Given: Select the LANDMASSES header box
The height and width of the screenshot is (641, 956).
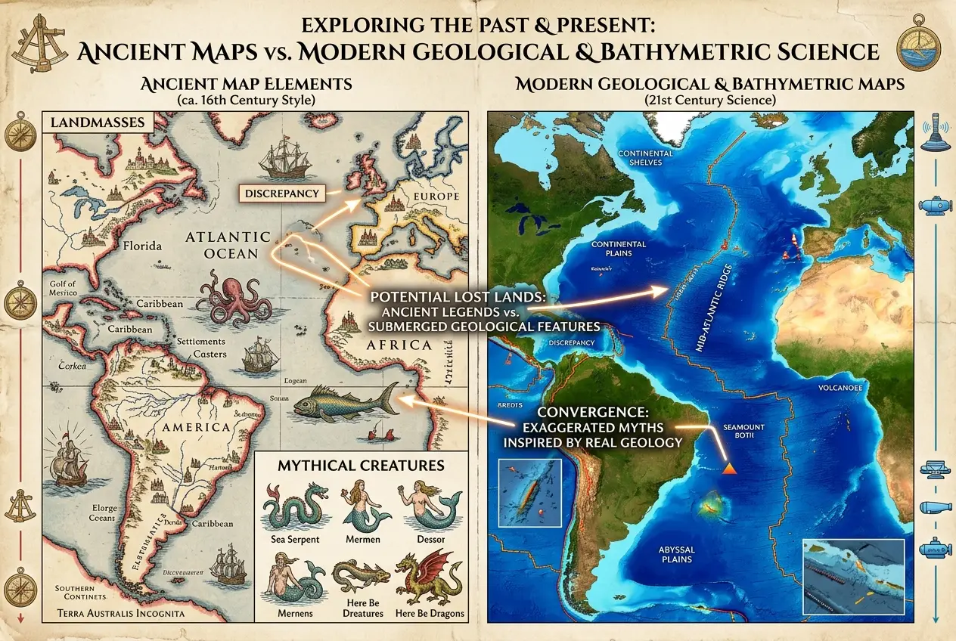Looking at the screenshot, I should coord(98,122).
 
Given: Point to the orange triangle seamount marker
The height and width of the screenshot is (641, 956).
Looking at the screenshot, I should coord(730,469).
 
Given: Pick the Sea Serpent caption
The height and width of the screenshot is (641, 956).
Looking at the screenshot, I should coord(295,540).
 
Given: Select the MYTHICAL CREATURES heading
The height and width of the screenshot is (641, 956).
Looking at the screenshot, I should coord(360,463).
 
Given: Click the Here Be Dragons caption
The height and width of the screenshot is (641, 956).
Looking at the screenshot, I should coord(430,613).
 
